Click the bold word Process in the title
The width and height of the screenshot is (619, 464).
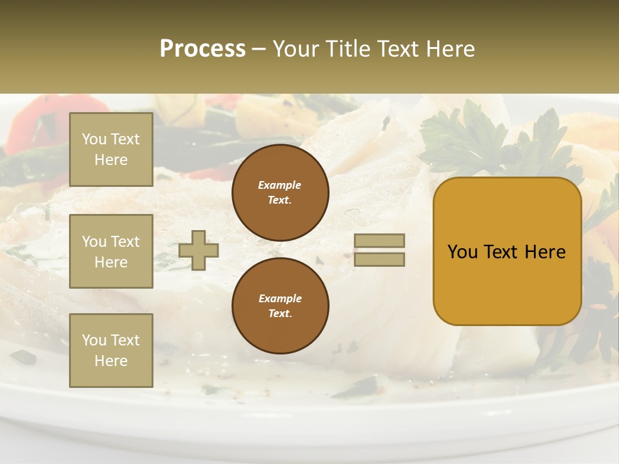click(202, 49)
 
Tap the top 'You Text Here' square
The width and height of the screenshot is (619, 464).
click(111, 150)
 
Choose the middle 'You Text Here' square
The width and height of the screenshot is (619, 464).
click(111, 251)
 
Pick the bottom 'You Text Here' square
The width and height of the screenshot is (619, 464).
click(111, 350)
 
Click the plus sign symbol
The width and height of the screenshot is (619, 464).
click(199, 250)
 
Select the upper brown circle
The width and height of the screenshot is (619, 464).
click(280, 192)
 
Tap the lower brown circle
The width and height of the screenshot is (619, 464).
click(280, 305)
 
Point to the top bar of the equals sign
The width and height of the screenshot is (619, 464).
click(379, 241)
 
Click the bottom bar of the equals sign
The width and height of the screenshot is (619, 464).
click(379, 260)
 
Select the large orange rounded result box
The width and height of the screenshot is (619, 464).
click(507, 251)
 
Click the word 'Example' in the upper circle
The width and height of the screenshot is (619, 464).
click(280, 185)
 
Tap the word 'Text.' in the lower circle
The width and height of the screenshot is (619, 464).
click(280, 313)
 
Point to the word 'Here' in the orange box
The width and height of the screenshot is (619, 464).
click(545, 252)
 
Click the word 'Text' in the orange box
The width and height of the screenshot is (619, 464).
click(501, 252)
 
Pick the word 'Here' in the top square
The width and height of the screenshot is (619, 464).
click(111, 160)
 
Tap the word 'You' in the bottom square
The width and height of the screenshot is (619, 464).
click(94, 340)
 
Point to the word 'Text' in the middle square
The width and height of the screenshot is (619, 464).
click(124, 242)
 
